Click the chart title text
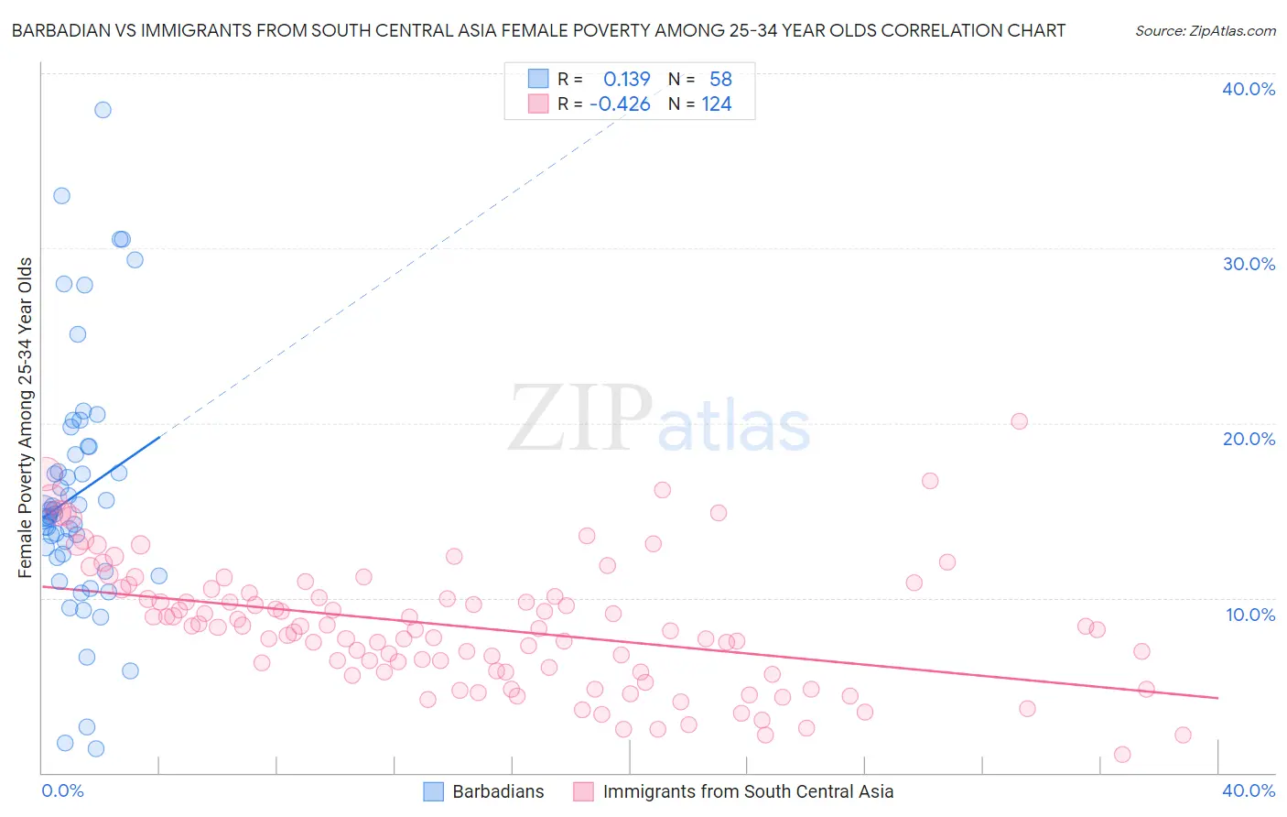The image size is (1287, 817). point(538,30)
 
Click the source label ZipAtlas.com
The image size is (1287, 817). point(1205,30)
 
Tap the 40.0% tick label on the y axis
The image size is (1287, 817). point(1248,89)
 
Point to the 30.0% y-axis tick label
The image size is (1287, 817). point(1248,264)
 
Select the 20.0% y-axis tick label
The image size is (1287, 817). point(1248,439)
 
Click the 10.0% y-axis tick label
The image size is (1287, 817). point(1249,615)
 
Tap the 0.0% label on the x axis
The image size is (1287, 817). point(62,790)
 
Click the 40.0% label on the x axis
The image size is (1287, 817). point(1248,790)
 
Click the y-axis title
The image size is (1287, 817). point(26,418)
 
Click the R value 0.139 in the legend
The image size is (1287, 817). point(626,80)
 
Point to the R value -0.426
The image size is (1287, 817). point(620,104)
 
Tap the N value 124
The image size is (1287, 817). point(716,104)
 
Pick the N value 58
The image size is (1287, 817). point(720,80)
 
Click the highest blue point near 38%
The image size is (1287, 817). point(103,110)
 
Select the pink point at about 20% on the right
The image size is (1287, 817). point(1019,421)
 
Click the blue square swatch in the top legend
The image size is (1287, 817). point(538,80)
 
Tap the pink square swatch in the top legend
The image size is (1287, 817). point(538,104)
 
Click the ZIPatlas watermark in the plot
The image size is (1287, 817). point(659,419)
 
